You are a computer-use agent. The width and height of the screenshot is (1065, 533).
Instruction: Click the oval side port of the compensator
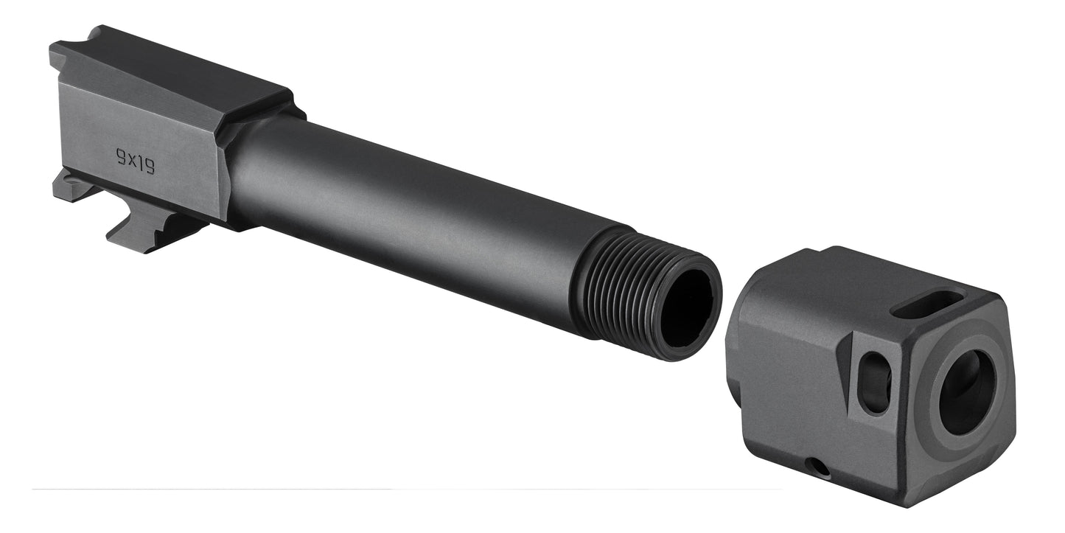pyautogui.click(x=875, y=382)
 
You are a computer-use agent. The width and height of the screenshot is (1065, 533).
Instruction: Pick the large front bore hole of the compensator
pyautogui.click(x=967, y=391)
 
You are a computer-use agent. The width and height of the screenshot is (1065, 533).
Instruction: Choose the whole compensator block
pyautogui.click(x=870, y=376)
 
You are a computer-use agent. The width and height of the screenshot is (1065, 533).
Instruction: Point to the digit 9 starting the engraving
pyautogui.click(x=121, y=155)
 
